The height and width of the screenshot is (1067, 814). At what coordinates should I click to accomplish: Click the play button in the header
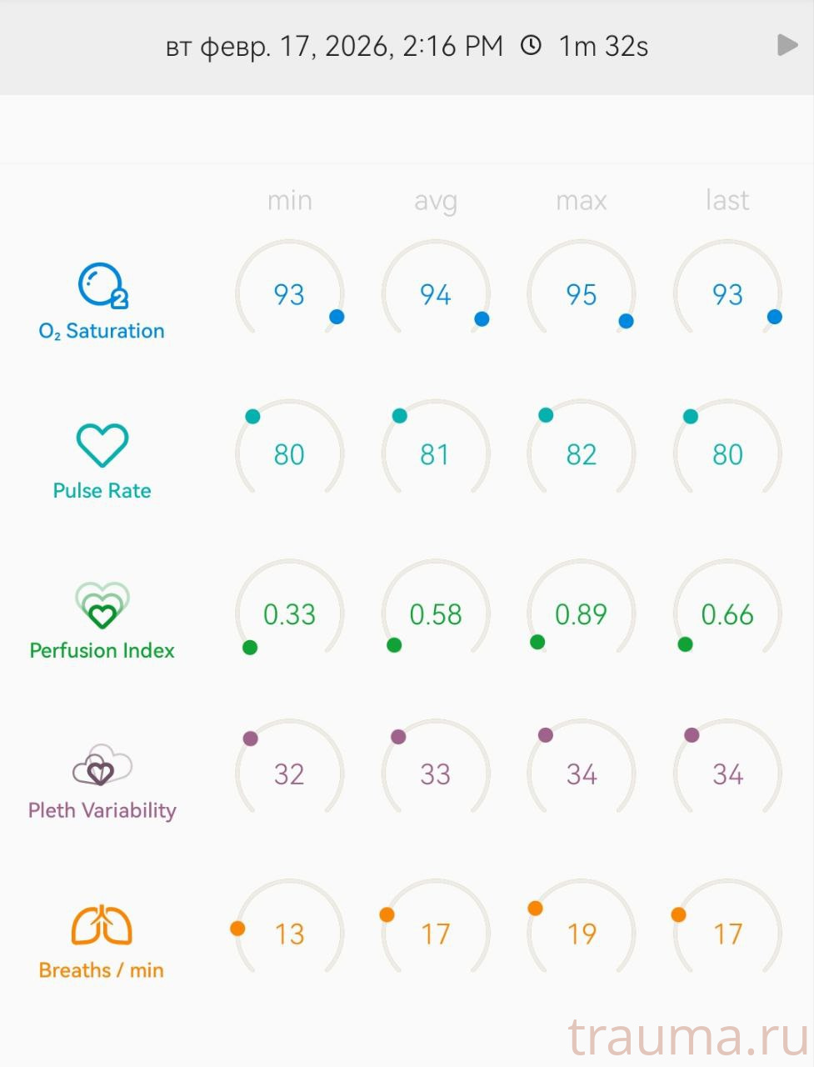(787, 45)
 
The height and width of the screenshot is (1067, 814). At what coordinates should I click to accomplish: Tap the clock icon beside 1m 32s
(531, 45)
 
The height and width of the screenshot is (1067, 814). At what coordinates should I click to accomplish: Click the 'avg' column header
(435, 201)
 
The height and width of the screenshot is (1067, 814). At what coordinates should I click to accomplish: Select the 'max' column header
(581, 201)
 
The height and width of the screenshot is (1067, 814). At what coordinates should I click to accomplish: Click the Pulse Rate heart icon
(102, 445)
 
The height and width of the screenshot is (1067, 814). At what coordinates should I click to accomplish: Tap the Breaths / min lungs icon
(102, 925)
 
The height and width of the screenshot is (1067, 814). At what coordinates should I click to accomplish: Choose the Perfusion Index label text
(102, 650)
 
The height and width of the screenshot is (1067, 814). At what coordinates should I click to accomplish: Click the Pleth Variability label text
(102, 810)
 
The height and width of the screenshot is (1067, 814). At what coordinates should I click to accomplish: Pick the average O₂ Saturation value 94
(435, 294)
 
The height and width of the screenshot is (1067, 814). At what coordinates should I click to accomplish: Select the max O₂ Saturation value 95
(581, 294)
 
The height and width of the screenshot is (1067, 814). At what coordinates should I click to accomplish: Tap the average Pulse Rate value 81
(435, 454)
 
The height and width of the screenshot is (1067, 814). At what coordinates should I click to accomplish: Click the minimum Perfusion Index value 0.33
(289, 614)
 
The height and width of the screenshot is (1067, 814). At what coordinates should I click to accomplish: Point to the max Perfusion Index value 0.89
(581, 614)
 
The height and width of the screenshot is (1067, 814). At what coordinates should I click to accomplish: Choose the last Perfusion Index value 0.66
(727, 614)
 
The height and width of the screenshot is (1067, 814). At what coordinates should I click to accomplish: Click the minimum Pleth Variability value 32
(289, 774)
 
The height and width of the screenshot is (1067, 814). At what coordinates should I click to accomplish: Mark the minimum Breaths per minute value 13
(289, 934)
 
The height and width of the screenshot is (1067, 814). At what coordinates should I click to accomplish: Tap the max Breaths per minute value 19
(581, 934)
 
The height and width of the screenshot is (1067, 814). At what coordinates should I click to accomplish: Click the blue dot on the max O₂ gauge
(626, 321)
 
